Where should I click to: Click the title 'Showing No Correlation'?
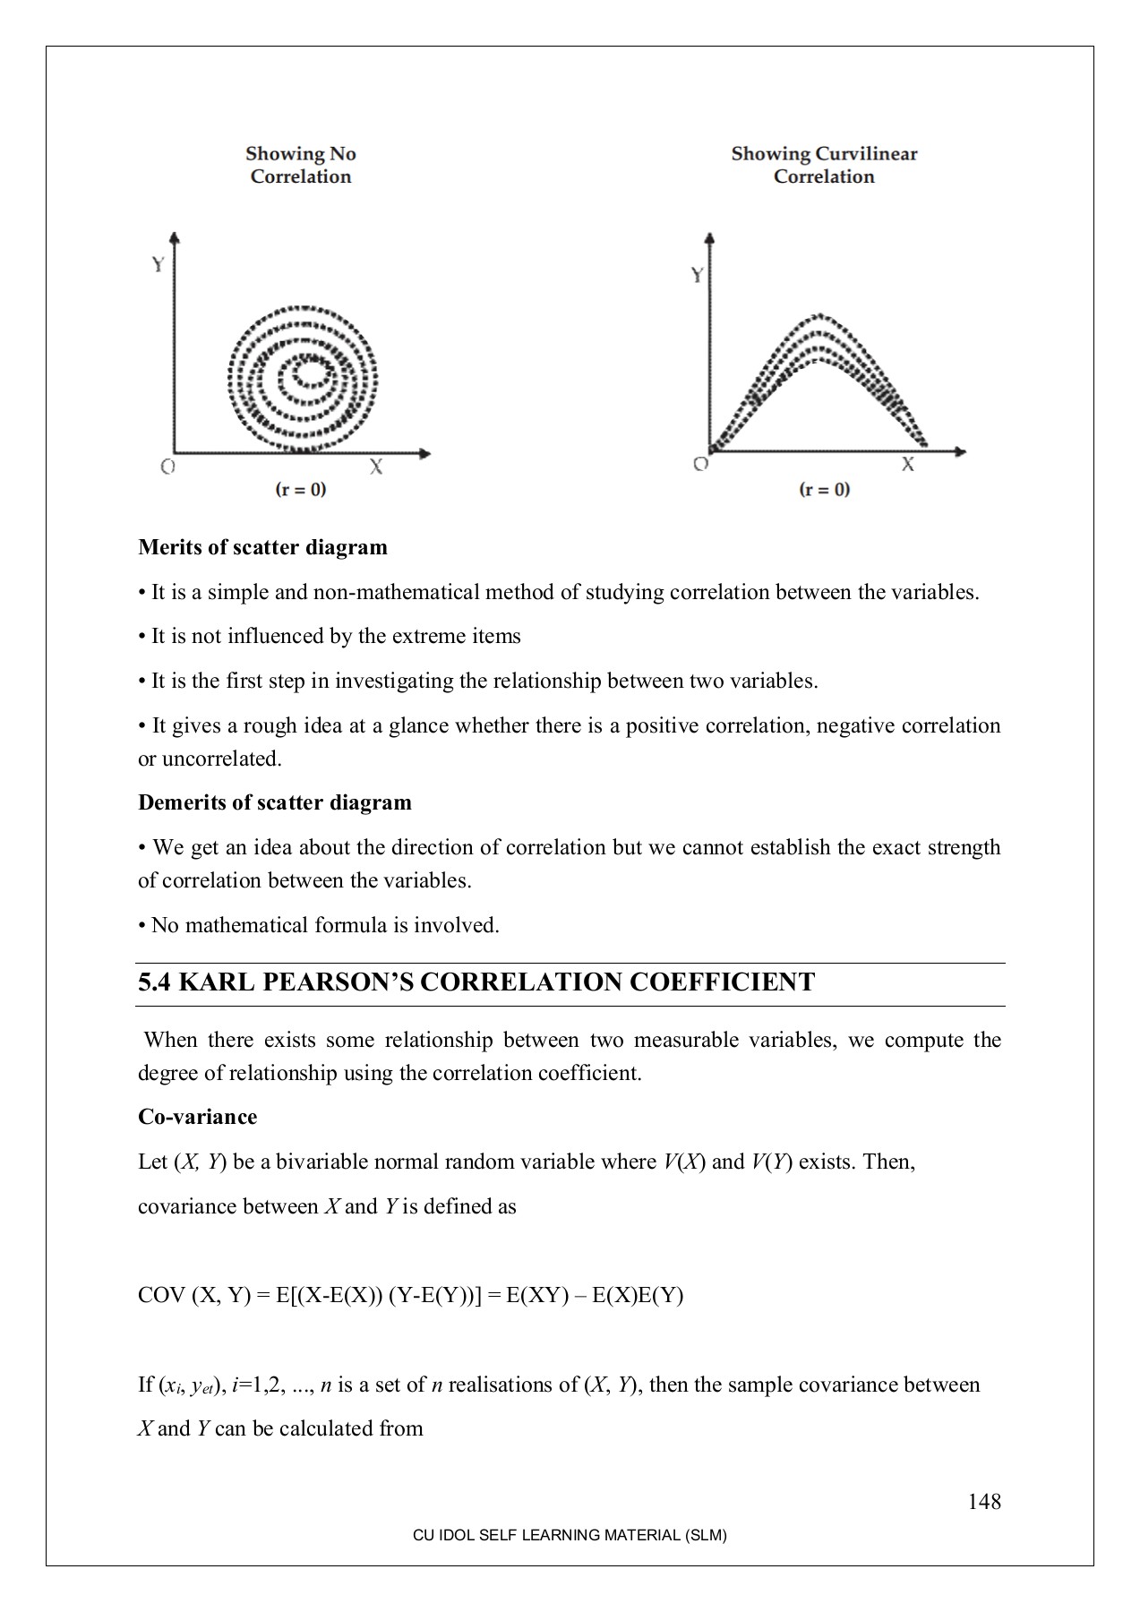click(x=301, y=166)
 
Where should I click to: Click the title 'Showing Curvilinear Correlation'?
click(x=824, y=166)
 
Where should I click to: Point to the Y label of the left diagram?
click(x=158, y=264)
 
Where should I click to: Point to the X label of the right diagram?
click(x=908, y=464)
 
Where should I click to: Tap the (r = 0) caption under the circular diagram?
click(x=300, y=489)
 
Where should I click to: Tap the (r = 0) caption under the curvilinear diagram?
click(x=824, y=489)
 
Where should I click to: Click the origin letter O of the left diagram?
click(x=167, y=467)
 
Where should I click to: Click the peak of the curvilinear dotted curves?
click(x=819, y=318)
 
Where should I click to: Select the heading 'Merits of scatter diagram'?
click(x=262, y=547)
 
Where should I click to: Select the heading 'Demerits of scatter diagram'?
click(x=275, y=802)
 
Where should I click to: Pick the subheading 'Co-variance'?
click(x=197, y=1117)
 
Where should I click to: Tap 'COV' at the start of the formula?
click(x=161, y=1295)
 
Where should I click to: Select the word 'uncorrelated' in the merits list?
click(x=220, y=759)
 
